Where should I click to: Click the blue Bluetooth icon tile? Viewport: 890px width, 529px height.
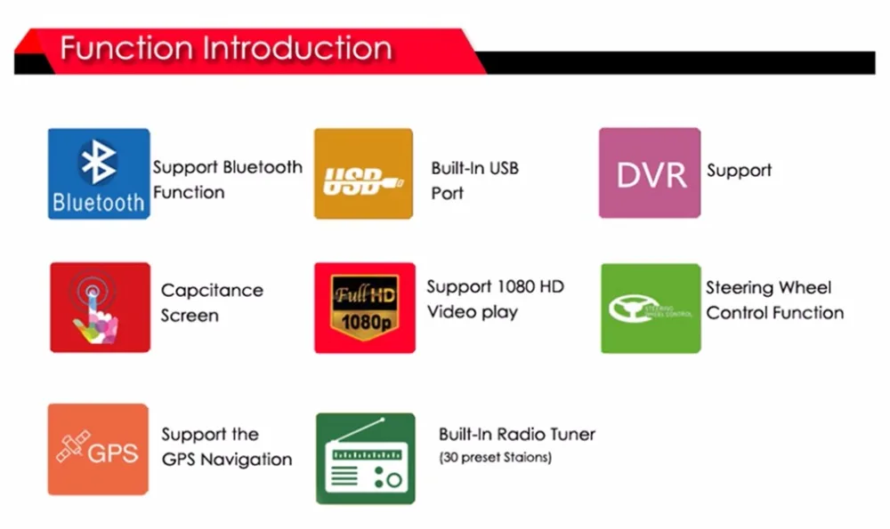point(98,173)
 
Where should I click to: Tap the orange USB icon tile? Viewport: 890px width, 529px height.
point(363,173)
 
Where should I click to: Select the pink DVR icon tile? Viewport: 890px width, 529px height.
point(650,172)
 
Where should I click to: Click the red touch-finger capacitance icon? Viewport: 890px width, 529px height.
point(99,307)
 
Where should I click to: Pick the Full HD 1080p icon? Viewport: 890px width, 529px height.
point(364,308)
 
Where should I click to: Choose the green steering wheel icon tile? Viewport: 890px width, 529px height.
point(651,308)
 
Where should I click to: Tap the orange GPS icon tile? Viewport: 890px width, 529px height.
point(98,449)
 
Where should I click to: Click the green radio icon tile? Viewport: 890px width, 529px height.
point(365,458)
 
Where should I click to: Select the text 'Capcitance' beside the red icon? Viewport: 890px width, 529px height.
point(212,291)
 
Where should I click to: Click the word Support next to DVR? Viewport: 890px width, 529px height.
point(739,171)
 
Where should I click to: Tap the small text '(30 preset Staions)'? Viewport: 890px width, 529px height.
point(495,458)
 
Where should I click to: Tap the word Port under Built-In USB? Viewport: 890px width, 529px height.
point(447,193)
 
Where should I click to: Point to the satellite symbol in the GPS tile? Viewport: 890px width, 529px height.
point(70,448)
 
